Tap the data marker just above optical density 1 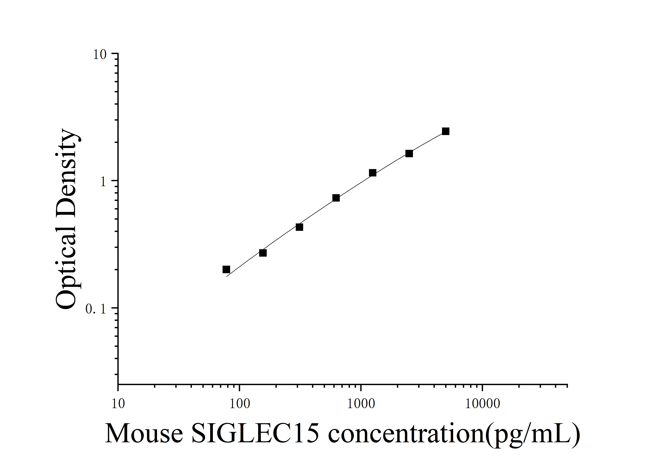373,173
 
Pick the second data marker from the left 263,253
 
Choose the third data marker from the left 299,227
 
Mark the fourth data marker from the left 336,198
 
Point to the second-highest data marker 409,153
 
